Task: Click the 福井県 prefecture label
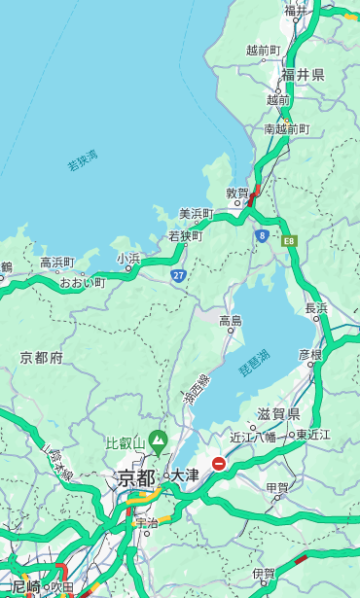[303, 75]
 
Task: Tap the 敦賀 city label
[237, 193]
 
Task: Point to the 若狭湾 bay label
[84, 160]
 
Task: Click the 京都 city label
[135, 477]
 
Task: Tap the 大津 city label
[185, 475]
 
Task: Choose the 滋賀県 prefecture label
[278, 414]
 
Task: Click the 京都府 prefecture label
[42, 358]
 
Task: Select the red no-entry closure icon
[219, 465]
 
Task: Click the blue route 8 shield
[262, 235]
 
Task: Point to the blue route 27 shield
[178, 276]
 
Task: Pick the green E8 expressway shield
[289, 240]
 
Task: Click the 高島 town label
[231, 321]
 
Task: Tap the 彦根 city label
[309, 354]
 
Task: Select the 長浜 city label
[317, 308]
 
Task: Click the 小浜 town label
[128, 259]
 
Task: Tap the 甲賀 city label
[277, 487]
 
